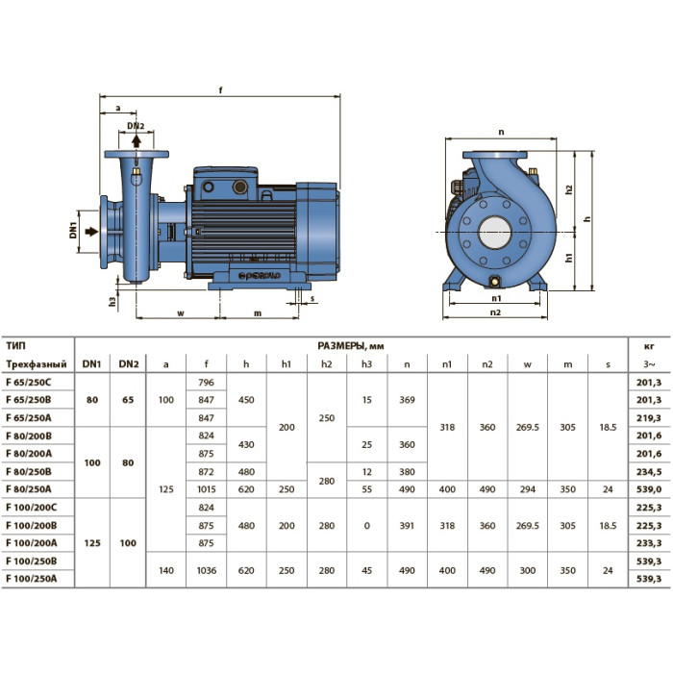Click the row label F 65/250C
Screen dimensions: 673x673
coord(28,382)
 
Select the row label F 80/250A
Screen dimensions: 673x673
coord(28,488)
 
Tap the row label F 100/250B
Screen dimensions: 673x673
coord(32,561)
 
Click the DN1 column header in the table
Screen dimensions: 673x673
coord(92,364)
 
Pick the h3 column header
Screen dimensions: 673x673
coord(366,364)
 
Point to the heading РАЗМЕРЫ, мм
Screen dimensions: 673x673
coord(351,346)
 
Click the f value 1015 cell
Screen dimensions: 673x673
coord(206,489)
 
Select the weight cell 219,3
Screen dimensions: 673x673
coord(649,418)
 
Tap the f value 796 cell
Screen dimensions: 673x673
coord(206,382)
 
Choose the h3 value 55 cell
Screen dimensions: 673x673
coord(366,489)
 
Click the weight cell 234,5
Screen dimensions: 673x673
coord(649,472)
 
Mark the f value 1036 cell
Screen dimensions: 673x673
coord(206,570)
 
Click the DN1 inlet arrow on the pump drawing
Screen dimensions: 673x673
coord(91,232)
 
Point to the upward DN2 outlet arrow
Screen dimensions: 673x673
coord(137,141)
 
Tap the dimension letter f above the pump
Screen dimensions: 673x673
coord(220,90)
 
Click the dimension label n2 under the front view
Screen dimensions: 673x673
coord(495,312)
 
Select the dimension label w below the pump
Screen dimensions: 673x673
coord(181,313)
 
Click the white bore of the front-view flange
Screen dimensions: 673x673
coord(495,233)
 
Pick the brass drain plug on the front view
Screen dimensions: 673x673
coord(495,282)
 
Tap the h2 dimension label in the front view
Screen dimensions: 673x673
coord(569,189)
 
